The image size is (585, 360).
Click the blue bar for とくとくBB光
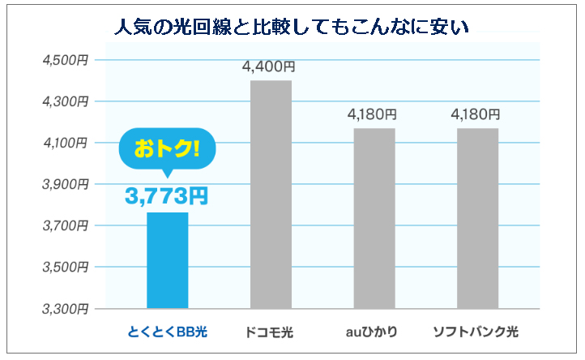(x=167, y=260)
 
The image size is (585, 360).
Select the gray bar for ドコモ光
(x=271, y=195)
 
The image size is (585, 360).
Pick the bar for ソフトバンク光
(x=477, y=218)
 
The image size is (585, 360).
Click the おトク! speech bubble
(x=167, y=148)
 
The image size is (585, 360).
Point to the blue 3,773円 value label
(x=167, y=195)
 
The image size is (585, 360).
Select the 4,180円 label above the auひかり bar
(x=373, y=114)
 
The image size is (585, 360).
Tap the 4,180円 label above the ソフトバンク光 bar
(x=477, y=114)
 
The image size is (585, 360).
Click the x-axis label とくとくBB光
(x=168, y=332)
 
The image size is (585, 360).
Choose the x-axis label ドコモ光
(x=271, y=332)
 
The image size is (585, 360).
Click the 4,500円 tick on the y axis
(x=66, y=60)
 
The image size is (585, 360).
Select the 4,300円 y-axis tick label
(x=66, y=101)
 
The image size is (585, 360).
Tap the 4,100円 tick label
(x=66, y=143)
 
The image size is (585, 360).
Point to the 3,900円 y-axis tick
(x=66, y=184)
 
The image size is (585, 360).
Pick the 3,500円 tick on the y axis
(x=66, y=267)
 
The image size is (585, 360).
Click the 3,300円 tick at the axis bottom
(x=66, y=309)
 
